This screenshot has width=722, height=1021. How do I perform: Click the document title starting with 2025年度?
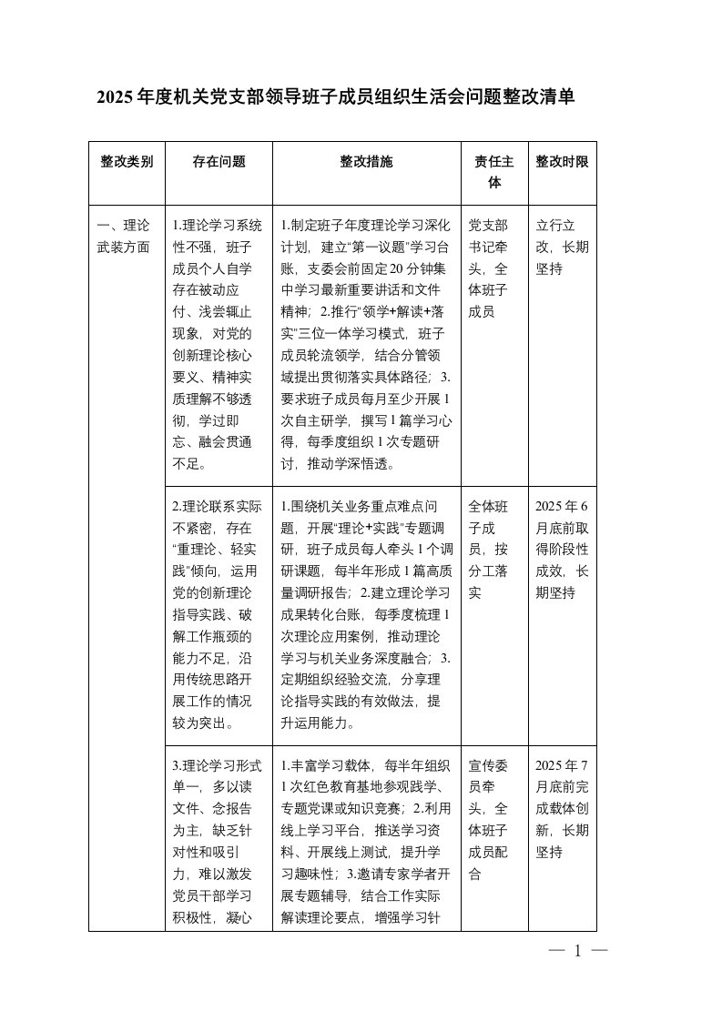(x=336, y=97)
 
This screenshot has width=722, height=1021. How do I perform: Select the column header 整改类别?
(x=127, y=162)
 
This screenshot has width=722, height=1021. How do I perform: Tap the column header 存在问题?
(x=219, y=162)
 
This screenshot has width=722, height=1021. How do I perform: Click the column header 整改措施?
(x=367, y=162)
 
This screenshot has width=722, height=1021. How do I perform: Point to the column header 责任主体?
(x=494, y=172)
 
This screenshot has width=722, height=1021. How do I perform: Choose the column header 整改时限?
(x=562, y=162)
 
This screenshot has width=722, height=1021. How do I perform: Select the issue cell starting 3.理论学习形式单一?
(x=219, y=840)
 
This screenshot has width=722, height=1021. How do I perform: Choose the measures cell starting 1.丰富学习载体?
(x=367, y=840)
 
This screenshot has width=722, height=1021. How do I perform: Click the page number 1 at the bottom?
(x=577, y=952)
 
